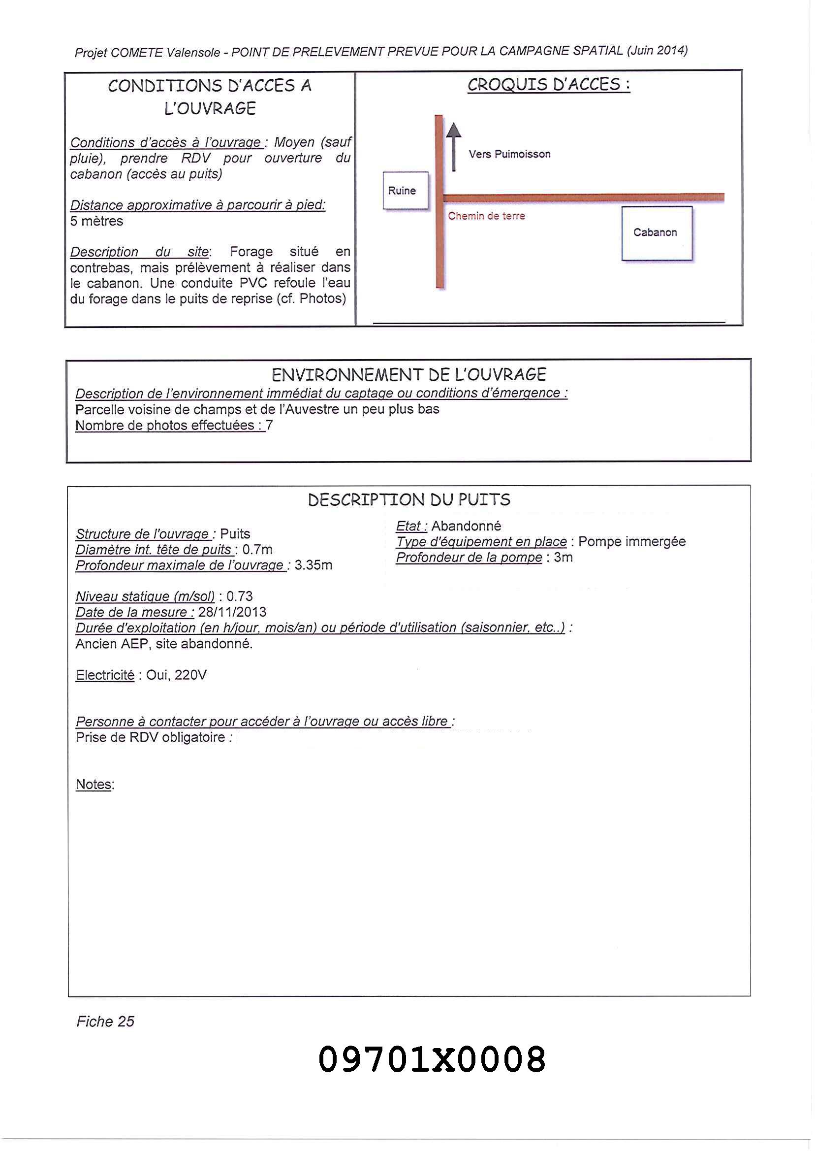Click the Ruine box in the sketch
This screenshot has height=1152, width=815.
click(x=405, y=190)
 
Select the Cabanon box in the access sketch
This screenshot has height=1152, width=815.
click(x=657, y=233)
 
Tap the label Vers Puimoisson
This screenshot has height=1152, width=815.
click(x=509, y=154)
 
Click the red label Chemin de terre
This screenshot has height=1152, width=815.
click(x=486, y=216)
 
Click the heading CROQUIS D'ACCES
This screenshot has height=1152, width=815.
click(x=549, y=85)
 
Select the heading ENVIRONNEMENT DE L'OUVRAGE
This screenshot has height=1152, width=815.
click(x=408, y=375)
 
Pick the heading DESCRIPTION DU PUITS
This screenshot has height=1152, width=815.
click(x=409, y=500)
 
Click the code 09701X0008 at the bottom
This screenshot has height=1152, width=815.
click(x=432, y=1058)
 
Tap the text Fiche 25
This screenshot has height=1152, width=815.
click(x=105, y=1021)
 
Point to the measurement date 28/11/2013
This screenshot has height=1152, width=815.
click(x=232, y=612)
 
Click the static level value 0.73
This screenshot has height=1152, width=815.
click(x=239, y=596)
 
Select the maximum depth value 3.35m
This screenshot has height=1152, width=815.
click(x=313, y=565)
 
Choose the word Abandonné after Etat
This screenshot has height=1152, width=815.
click(x=466, y=527)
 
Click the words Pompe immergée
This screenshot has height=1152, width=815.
click(x=632, y=542)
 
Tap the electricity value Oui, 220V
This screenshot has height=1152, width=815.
click(x=176, y=675)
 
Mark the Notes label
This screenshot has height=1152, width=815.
click(x=94, y=785)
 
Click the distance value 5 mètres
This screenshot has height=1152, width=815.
click(x=96, y=222)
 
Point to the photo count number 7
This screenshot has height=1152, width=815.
click(x=270, y=426)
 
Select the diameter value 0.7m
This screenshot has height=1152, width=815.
click(x=257, y=550)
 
